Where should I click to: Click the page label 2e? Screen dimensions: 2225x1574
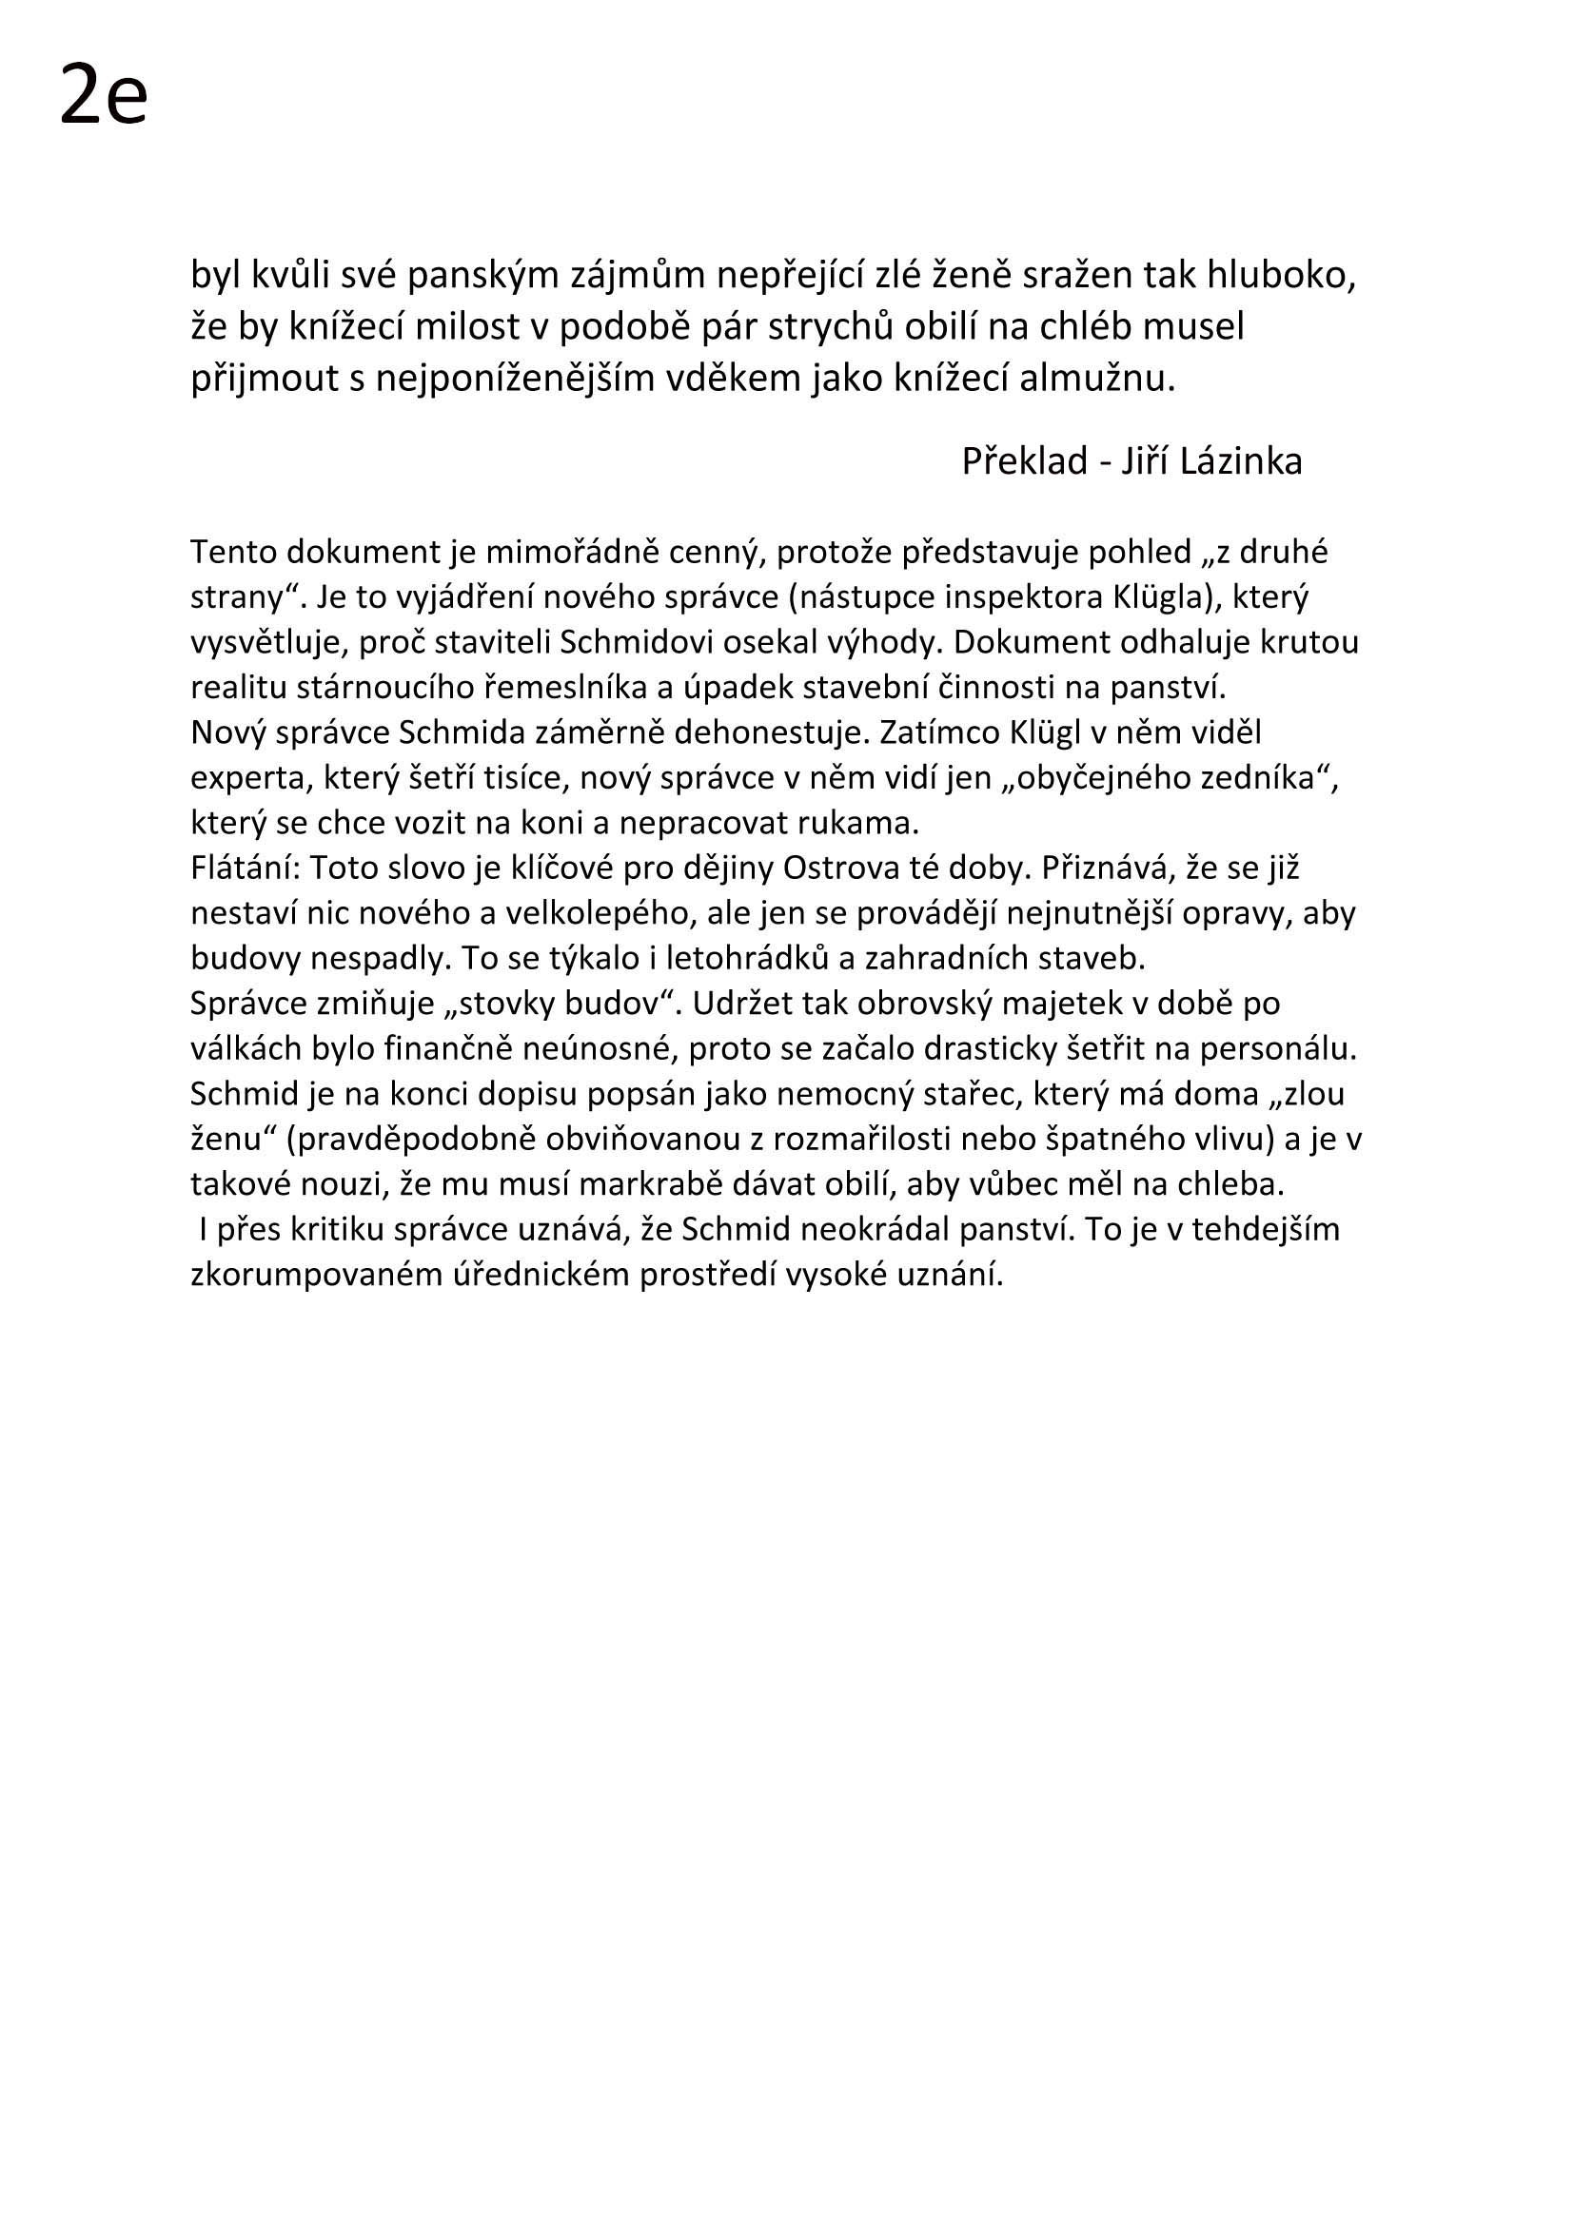(103, 95)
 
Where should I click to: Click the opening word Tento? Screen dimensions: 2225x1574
(230, 553)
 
